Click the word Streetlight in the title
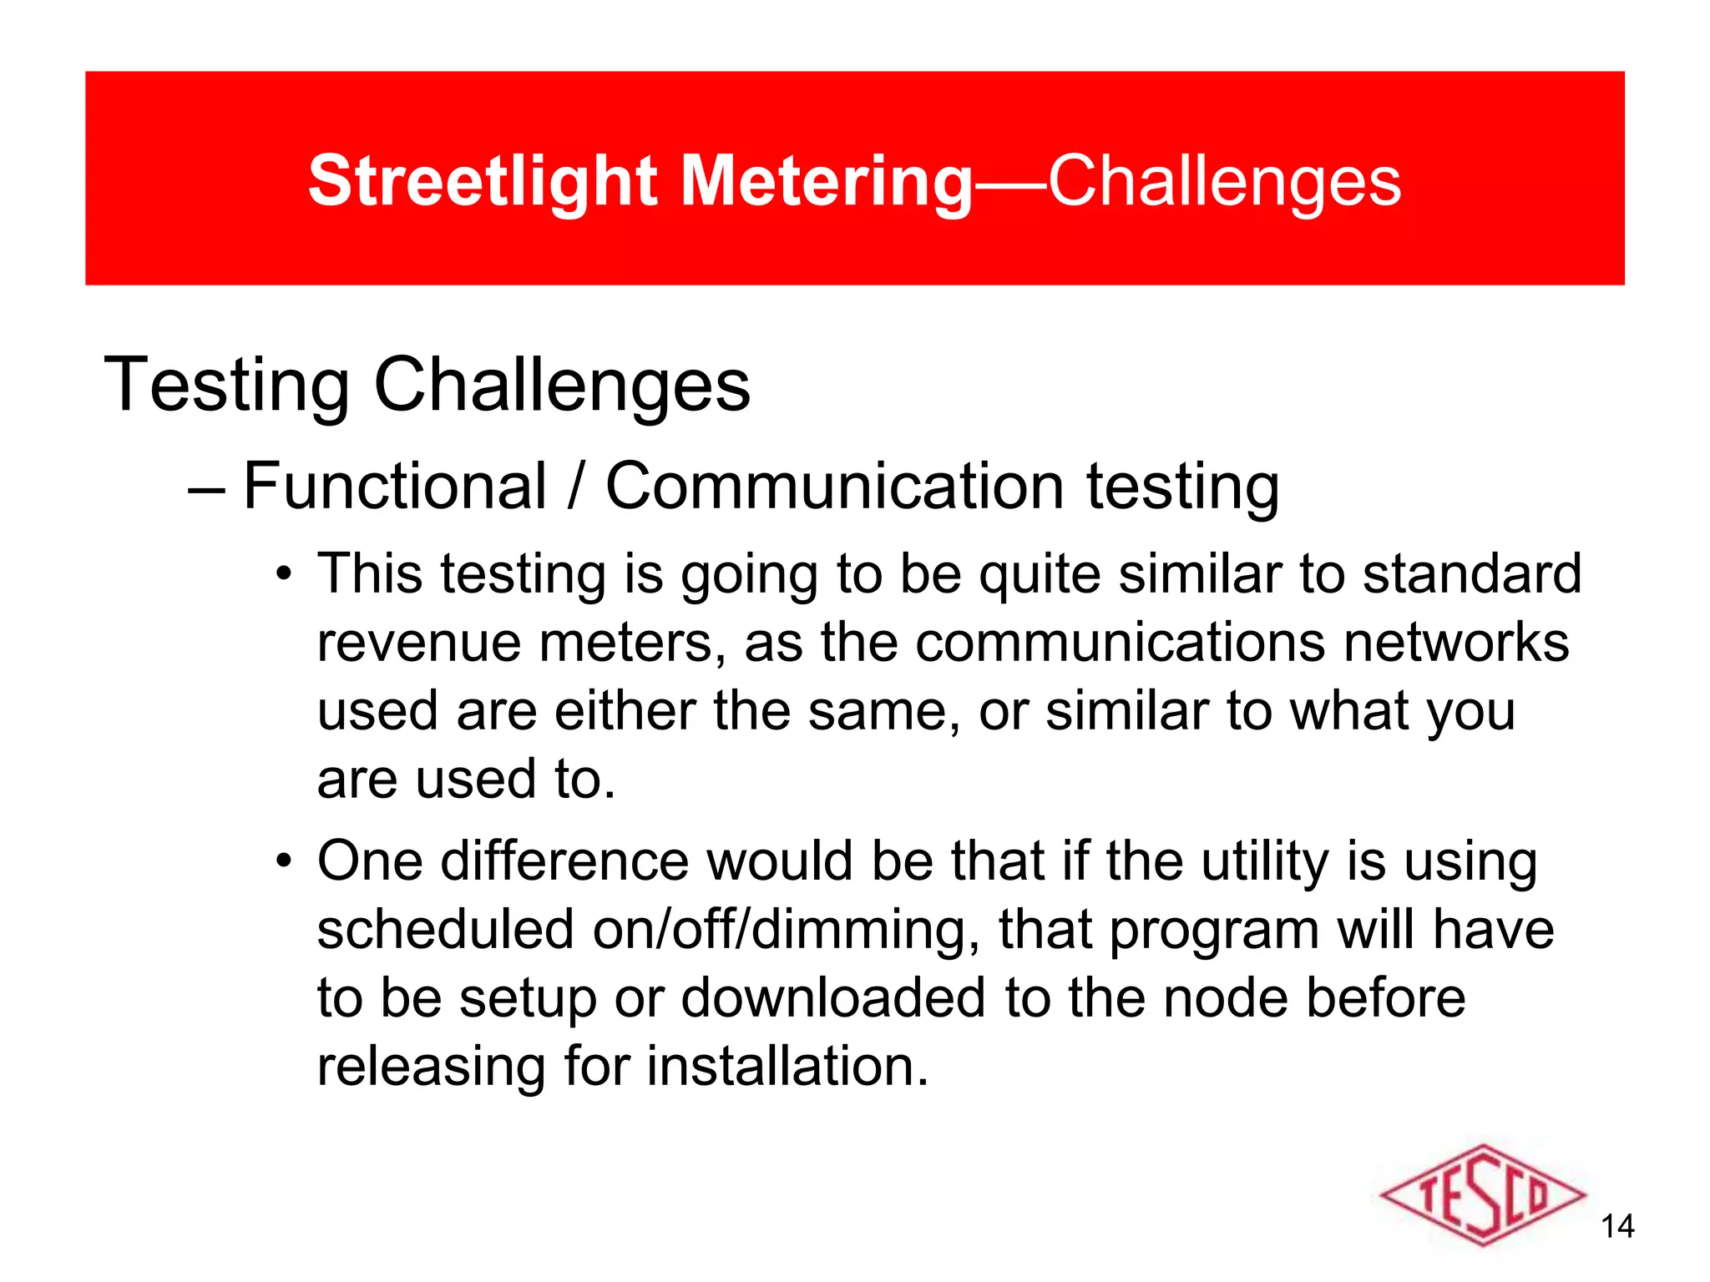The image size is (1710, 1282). click(483, 181)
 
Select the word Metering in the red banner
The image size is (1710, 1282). click(827, 181)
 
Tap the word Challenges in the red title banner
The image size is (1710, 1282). click(1224, 181)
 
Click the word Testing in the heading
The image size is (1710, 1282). click(226, 385)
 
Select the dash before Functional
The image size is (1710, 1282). click(206, 489)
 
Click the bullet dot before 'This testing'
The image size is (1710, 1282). click(285, 575)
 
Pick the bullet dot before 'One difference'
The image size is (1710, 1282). click(285, 861)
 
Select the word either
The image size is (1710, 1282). click(625, 711)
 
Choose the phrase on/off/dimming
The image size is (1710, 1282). click(778, 930)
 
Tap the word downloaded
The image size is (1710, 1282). click(832, 998)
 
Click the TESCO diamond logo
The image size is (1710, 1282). click(1481, 1195)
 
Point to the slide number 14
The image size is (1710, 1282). click(1617, 1226)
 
